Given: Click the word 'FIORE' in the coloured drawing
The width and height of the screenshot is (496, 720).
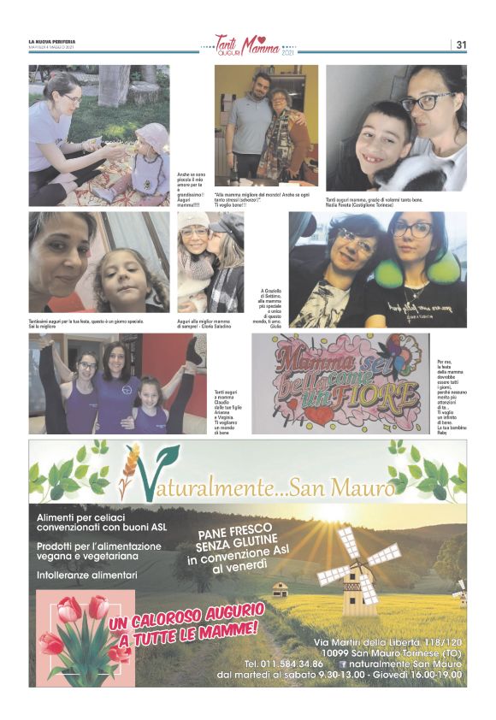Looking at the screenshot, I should [x=372, y=396].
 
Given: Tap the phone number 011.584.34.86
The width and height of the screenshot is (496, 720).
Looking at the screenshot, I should [x=284, y=664].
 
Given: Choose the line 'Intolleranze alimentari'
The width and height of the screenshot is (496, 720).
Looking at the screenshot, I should [x=86, y=575].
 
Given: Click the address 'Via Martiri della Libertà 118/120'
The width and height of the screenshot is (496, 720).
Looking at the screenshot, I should [x=387, y=641].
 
